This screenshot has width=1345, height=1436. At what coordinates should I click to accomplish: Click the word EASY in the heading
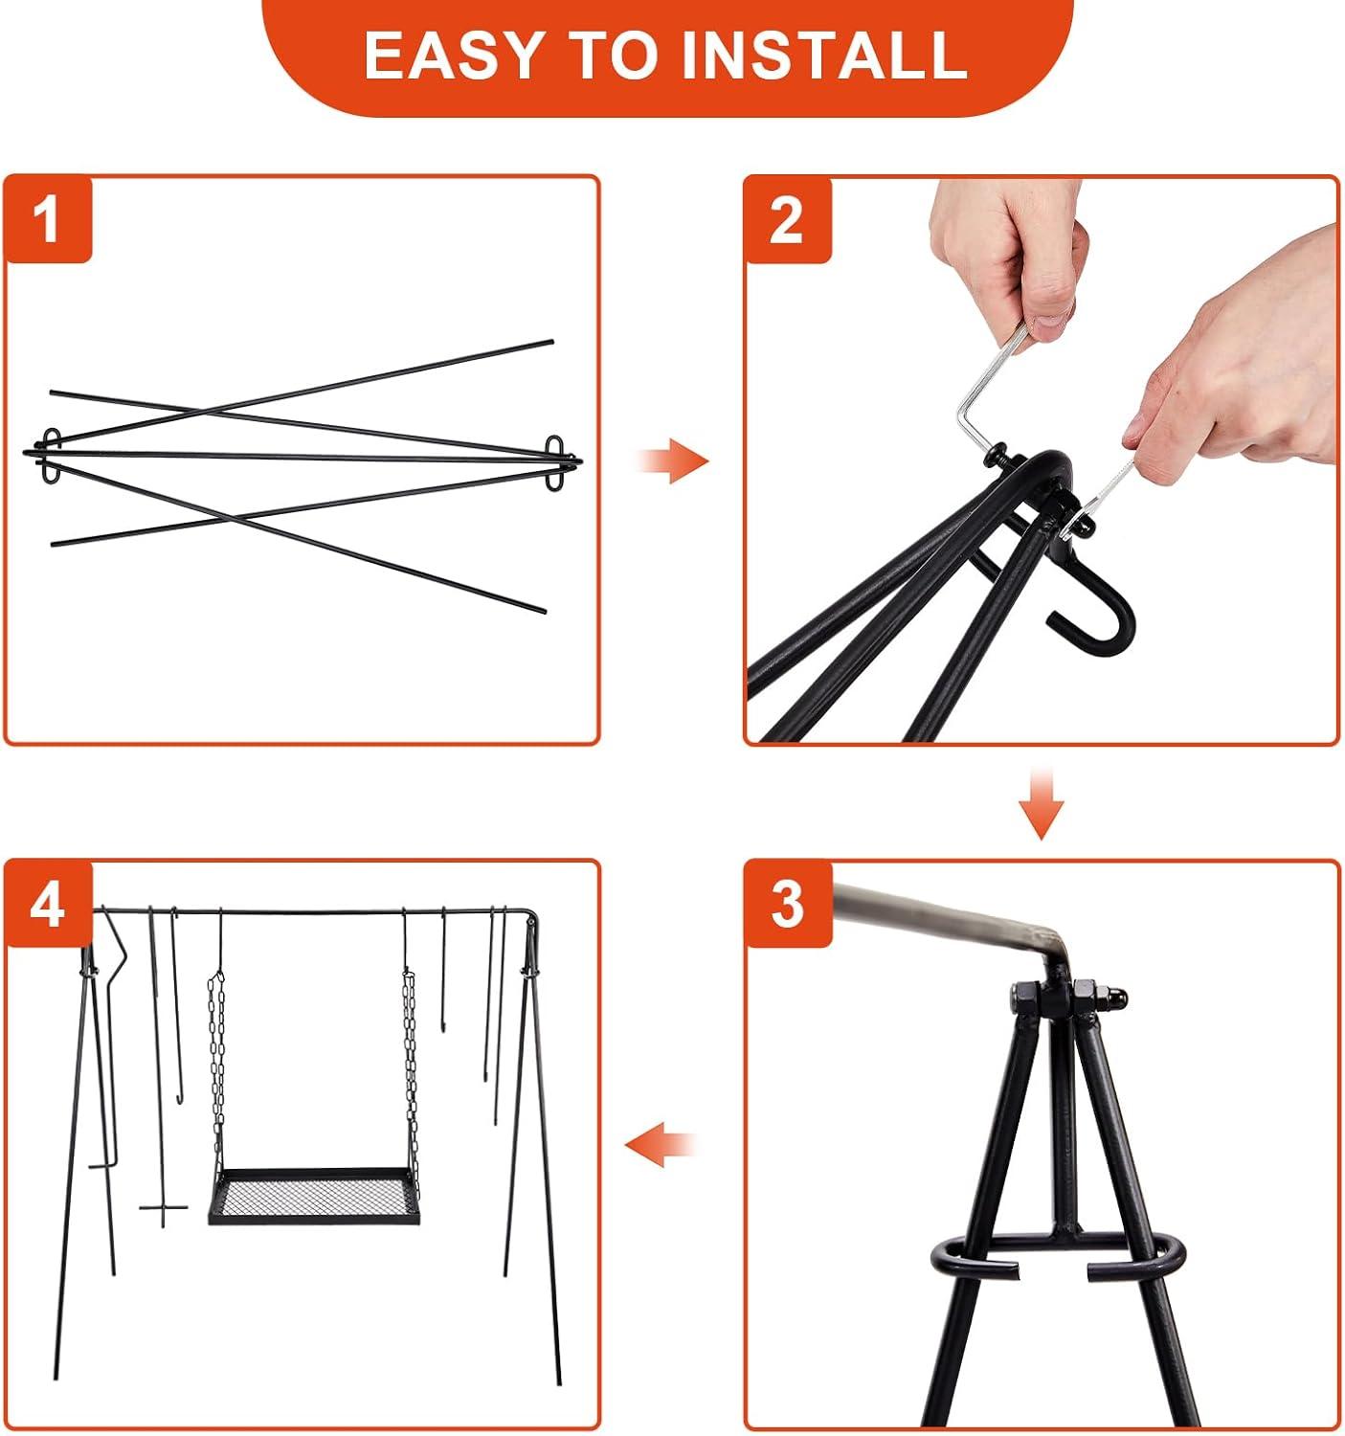click(453, 55)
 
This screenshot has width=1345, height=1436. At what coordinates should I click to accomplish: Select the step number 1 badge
click(48, 219)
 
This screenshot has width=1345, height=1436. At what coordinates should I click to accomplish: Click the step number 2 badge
click(788, 219)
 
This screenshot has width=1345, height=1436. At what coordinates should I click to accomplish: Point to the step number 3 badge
click(788, 904)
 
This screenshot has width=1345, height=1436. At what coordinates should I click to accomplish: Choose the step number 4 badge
click(48, 904)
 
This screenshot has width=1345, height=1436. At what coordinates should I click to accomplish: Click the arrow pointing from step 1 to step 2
click(672, 460)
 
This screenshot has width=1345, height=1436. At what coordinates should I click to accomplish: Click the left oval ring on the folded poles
click(51, 457)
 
